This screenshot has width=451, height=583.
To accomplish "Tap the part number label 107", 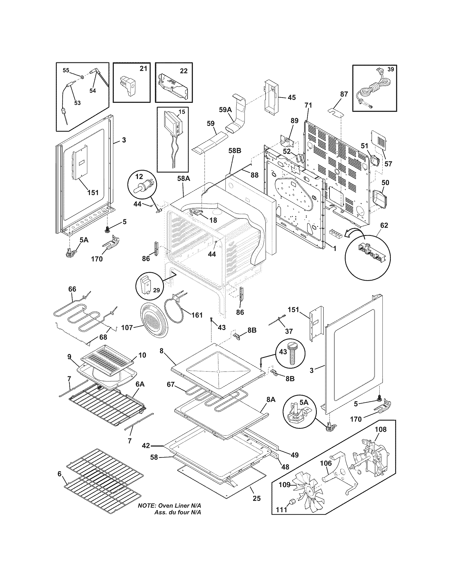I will [x=127, y=327].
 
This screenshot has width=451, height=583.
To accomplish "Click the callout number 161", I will [x=197, y=315].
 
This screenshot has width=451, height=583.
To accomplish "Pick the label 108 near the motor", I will [x=380, y=429].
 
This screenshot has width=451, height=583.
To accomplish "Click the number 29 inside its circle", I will [x=156, y=290].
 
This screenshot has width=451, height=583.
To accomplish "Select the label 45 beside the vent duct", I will [x=292, y=98].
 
